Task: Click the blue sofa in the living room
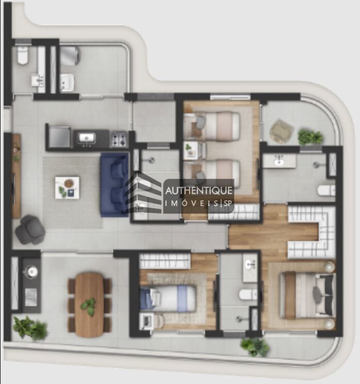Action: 114,184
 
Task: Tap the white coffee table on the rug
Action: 67,187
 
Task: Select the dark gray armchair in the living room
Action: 30,229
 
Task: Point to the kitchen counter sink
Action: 86,138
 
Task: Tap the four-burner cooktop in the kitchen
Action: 119,138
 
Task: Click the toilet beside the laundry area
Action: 22,56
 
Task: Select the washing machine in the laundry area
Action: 69,56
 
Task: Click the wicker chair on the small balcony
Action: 281,131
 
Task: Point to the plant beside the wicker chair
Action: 310,137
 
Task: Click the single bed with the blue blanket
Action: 169,298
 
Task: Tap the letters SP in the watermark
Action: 228,204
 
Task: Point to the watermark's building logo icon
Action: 144,193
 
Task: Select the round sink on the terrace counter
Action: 32,271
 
